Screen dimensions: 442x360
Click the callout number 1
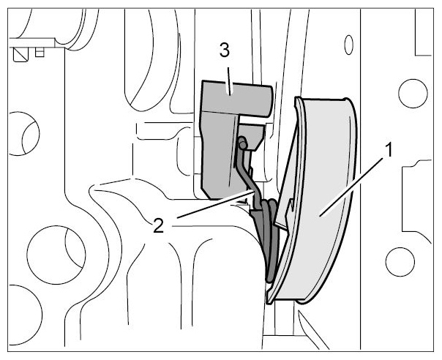tap(389, 150)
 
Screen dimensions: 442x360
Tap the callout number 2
tap(158, 226)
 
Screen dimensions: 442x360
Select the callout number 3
tap(225, 51)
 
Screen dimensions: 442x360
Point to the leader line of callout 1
tap(351, 187)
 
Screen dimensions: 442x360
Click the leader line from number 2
tap(215, 204)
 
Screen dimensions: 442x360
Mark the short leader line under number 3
tap(229, 81)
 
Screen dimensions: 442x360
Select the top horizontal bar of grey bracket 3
tap(238, 98)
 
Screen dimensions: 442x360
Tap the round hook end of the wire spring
tap(242, 143)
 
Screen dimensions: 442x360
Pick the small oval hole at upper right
tap(348, 45)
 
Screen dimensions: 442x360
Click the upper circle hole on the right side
tap(413, 94)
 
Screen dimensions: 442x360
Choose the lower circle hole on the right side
tap(400, 262)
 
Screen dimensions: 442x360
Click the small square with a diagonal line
tap(21, 54)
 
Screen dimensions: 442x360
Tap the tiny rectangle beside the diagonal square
tap(40, 52)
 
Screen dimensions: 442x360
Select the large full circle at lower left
tap(56, 255)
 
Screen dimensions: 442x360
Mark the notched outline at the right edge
tap(416, 200)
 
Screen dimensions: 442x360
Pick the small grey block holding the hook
tap(252, 136)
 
